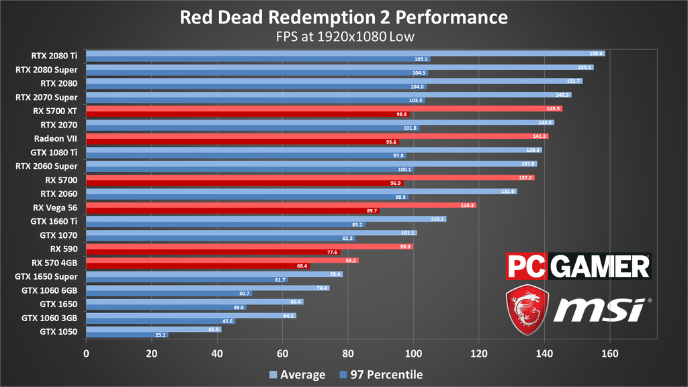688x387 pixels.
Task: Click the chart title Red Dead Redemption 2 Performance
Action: [x=343, y=16]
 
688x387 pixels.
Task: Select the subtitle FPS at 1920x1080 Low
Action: [x=343, y=36]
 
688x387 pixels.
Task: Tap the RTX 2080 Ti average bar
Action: [x=345, y=53]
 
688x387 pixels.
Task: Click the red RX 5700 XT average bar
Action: [x=324, y=108]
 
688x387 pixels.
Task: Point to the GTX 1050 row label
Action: [x=58, y=332]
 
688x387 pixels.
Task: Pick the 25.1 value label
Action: [x=160, y=335]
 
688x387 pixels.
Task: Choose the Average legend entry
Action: [x=297, y=375]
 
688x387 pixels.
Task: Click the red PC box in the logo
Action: [x=528, y=266]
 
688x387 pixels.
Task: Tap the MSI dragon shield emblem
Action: [x=527, y=309]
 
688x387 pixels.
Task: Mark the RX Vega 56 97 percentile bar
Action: [x=233, y=210]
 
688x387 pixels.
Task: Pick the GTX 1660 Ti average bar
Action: [x=266, y=218]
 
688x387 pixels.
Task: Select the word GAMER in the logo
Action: [x=600, y=266]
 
